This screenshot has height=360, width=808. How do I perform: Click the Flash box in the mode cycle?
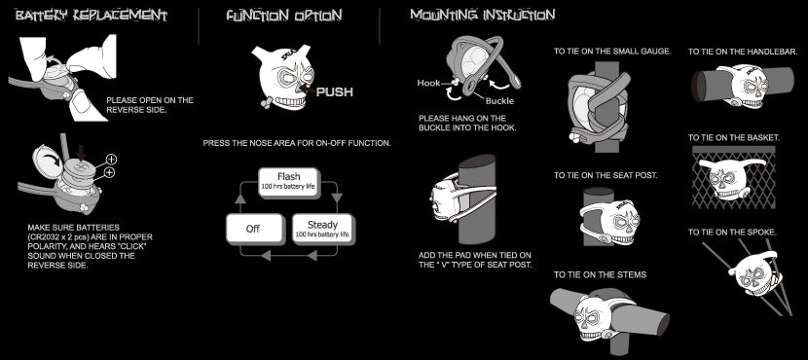288,182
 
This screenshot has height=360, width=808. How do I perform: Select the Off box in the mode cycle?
254,229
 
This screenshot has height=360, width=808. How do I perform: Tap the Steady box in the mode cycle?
323,229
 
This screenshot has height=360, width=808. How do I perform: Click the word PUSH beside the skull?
335,92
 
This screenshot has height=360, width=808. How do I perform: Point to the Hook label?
428,83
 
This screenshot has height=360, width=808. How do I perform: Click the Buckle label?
499,101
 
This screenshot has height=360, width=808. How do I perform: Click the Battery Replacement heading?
92,16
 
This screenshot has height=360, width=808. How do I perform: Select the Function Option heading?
284,16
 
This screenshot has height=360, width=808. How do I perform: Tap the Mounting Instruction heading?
482,15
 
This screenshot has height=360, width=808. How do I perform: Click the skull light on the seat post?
610,223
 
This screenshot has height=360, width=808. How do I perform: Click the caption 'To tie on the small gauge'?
612,52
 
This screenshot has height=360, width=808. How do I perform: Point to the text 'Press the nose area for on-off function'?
297,143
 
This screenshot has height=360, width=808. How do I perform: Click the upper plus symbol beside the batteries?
111,160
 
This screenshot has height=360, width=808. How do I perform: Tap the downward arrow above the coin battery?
81,153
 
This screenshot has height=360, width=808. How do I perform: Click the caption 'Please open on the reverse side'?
150,104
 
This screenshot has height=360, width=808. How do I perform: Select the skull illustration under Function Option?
282,76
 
